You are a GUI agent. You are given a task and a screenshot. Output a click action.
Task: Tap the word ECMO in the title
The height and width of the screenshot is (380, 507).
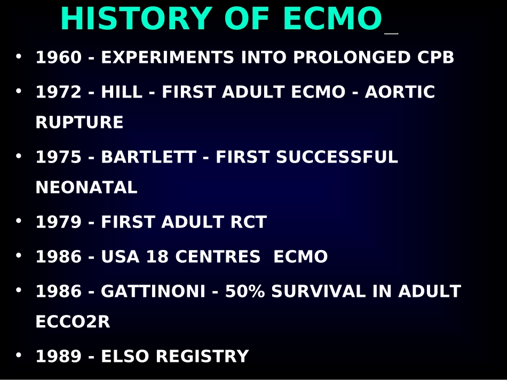coord(332,19)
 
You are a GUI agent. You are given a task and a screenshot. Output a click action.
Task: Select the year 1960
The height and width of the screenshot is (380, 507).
coord(59,57)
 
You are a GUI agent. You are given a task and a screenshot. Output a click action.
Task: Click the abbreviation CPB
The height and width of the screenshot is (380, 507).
coord(435,57)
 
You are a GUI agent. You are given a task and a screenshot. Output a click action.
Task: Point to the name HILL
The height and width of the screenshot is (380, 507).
coord(122,92)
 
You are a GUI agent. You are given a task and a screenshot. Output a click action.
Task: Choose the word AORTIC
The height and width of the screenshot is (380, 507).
coord(400,92)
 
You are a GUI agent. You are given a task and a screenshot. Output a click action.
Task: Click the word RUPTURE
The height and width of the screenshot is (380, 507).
coord(80,122)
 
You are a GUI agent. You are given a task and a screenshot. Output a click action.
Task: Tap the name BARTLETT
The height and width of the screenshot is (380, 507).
coord(149,157)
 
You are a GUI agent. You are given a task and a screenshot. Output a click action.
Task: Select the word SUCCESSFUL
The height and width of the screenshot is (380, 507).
coord(337,157)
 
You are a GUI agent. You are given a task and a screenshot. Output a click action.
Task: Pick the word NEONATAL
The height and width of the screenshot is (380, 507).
coord(86,187)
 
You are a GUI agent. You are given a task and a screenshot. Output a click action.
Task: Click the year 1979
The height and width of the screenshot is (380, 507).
coord(59,222)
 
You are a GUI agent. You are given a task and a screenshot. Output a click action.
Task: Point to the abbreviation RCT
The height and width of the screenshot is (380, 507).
coord(249,222)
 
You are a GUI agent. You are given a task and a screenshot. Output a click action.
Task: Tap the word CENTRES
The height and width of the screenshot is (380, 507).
coord(218,256)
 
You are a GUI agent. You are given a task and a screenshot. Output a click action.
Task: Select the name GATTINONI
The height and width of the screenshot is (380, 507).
coord(153,291)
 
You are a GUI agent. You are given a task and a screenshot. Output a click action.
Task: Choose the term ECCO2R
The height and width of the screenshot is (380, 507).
coord(73,321)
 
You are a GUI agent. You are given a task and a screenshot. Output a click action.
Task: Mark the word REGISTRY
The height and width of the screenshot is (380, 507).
coord(202,356)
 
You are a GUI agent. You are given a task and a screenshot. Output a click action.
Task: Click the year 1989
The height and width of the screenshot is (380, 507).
coord(59,356)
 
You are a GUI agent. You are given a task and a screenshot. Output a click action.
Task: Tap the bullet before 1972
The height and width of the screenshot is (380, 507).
coord(19,91)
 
